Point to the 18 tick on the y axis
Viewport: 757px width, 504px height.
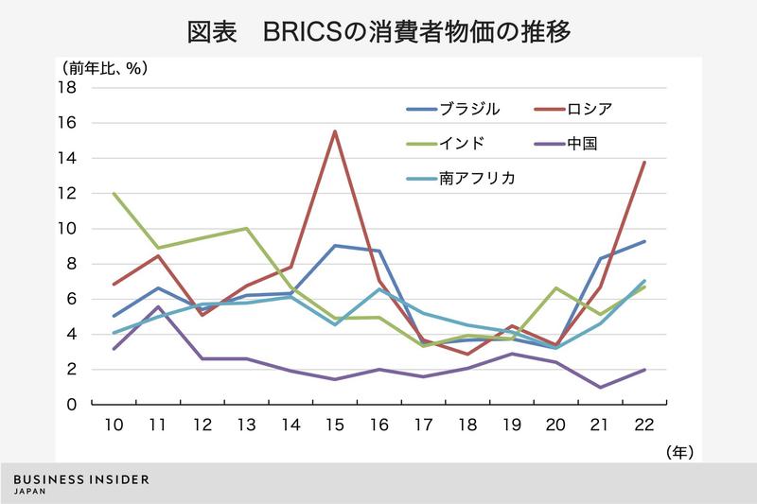66,88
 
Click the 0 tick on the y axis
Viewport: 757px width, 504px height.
71,405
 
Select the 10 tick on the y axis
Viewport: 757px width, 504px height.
66,229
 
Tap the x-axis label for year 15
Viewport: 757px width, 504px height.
335,426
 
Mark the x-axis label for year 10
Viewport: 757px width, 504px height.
114,426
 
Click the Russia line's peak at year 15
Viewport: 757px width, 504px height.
335,131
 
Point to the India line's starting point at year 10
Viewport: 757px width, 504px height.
114,194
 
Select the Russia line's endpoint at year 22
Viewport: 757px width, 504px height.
644,163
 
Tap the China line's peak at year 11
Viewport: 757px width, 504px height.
158,306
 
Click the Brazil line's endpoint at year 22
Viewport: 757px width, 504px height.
644,241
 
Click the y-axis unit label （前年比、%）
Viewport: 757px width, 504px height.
105,68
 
